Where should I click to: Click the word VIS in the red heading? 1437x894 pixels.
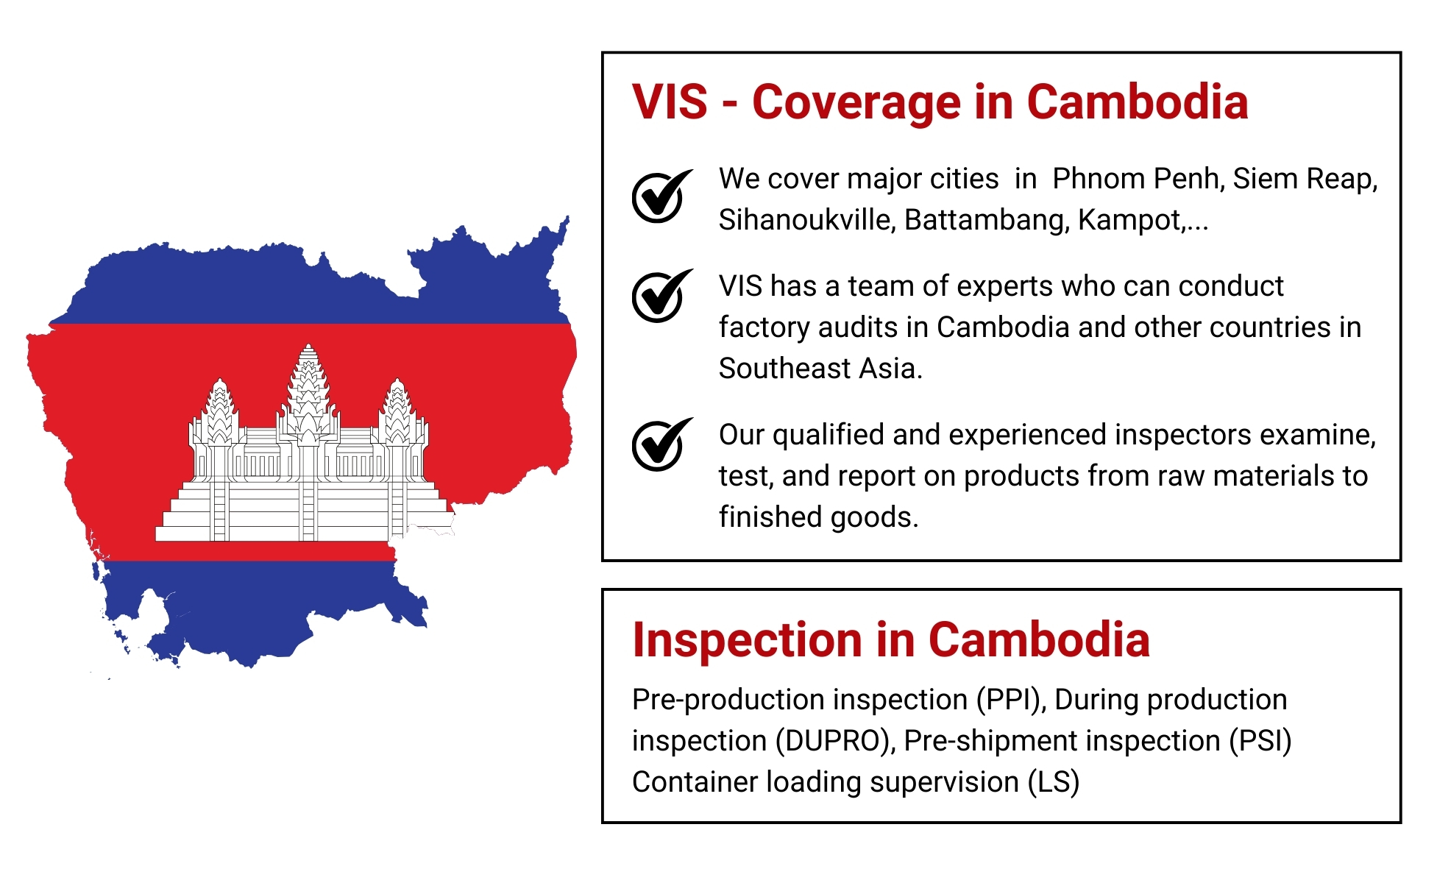pyautogui.click(x=670, y=102)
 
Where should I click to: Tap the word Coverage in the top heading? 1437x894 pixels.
pyautogui.click(x=856, y=103)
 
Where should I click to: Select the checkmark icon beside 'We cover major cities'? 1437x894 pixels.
pyautogui.click(x=661, y=196)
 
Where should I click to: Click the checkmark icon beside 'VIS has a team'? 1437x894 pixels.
pyautogui.click(x=661, y=296)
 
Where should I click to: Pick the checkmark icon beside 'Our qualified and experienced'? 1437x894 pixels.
pyautogui.click(x=661, y=444)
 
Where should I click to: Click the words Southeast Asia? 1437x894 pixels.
pyautogui.click(x=820, y=369)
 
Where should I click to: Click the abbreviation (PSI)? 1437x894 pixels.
pyautogui.click(x=1260, y=741)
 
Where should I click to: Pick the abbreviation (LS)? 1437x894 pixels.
pyautogui.click(x=1054, y=782)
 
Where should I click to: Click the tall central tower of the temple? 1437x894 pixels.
pyautogui.click(x=308, y=390)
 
